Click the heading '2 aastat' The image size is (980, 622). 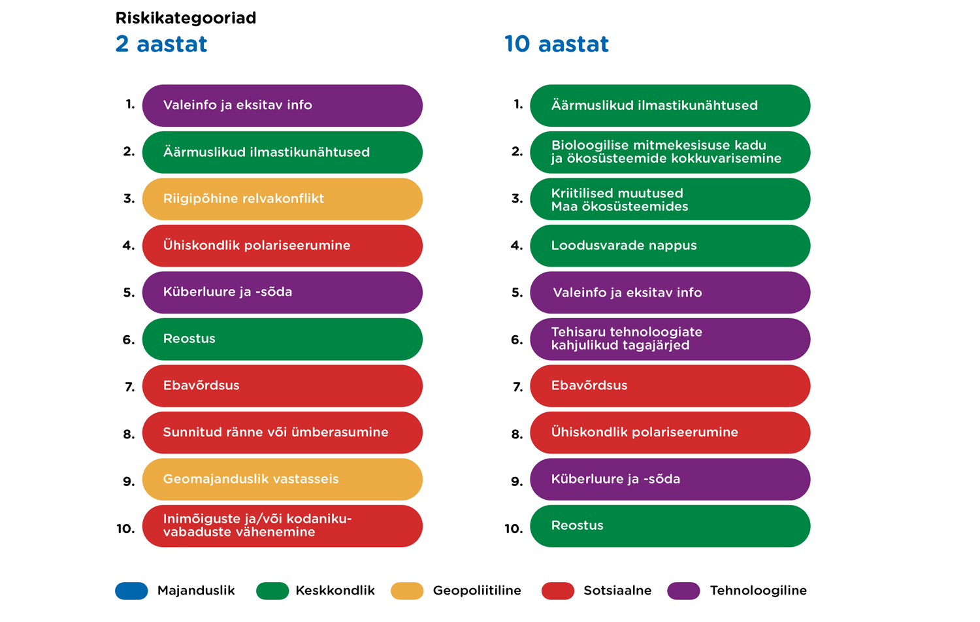(x=161, y=44)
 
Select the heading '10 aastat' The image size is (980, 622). (x=556, y=44)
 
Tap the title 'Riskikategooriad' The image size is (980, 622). (x=186, y=18)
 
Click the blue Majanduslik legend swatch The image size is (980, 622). (x=131, y=591)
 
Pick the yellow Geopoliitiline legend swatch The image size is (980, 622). (x=407, y=591)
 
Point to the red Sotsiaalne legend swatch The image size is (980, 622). (x=558, y=591)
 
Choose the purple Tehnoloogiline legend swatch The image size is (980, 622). (x=683, y=591)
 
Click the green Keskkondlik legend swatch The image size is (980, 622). (x=272, y=591)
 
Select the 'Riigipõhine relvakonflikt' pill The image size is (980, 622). (x=282, y=199)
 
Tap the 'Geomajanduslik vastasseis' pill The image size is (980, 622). (x=282, y=480)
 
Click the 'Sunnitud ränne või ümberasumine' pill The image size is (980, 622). (x=282, y=433)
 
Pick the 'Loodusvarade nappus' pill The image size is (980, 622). (x=670, y=246)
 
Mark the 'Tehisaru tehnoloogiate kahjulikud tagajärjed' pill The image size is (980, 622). (x=670, y=339)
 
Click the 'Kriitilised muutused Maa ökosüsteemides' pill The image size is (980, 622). (x=670, y=199)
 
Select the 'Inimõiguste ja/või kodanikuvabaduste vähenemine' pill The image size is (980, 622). (x=282, y=526)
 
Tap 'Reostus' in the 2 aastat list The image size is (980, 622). (x=282, y=339)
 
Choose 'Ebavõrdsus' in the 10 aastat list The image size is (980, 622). (x=670, y=386)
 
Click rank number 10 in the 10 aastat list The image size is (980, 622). (x=514, y=529)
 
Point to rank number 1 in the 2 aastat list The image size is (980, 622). (x=130, y=105)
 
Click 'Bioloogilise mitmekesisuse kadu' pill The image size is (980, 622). (x=670, y=152)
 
